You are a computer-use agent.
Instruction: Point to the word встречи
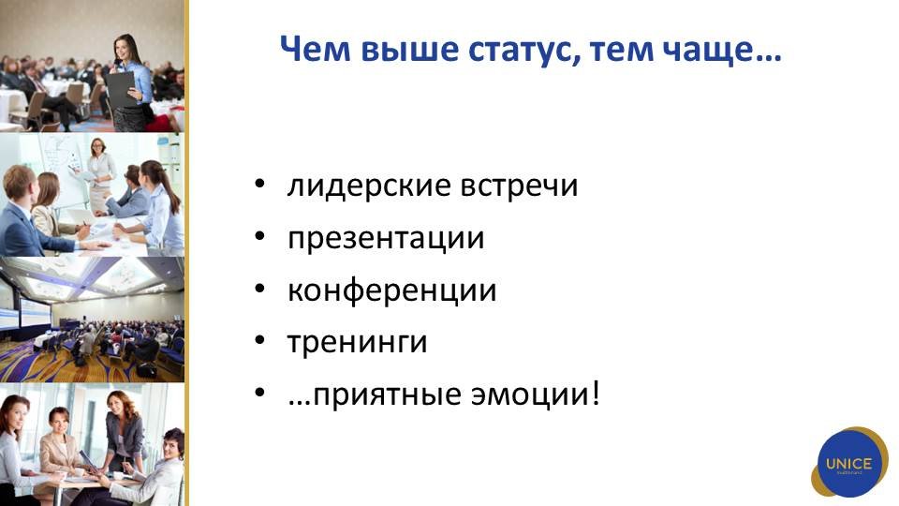pyautogui.click(x=520, y=186)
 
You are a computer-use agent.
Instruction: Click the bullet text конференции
pyautogui.click(x=392, y=290)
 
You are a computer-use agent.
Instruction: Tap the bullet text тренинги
pyautogui.click(x=357, y=342)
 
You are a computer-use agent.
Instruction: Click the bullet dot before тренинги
pyautogui.click(x=260, y=341)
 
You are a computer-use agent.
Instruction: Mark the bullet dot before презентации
pyautogui.click(x=260, y=236)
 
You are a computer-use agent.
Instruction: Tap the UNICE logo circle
pyautogui.click(x=849, y=463)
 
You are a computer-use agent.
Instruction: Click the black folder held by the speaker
pyautogui.click(x=121, y=90)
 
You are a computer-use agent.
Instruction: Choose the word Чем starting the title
pyautogui.click(x=316, y=50)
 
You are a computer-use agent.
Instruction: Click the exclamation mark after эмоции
pyautogui.click(x=597, y=394)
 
